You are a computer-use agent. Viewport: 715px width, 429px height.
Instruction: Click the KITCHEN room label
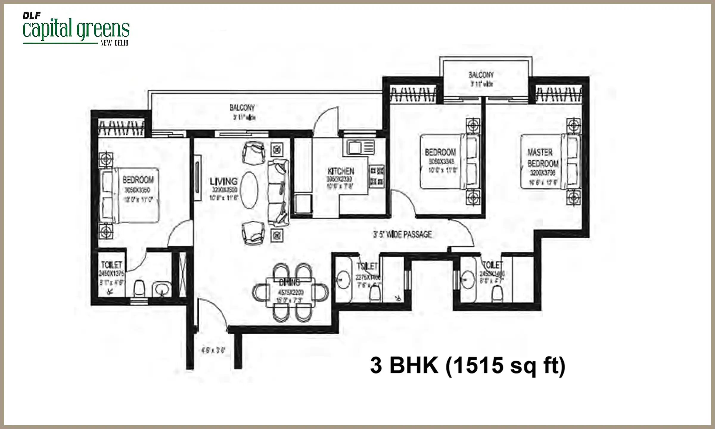coord(341,171)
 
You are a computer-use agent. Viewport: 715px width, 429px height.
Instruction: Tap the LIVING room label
coord(223,181)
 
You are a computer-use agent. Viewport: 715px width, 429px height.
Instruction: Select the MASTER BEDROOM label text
coord(543,158)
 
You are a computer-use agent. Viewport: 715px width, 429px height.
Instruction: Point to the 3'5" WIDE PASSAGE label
coord(402,235)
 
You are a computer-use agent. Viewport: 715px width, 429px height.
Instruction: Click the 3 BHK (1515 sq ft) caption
coord(467,366)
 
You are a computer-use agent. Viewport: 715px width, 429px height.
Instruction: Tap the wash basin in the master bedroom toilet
coord(467,280)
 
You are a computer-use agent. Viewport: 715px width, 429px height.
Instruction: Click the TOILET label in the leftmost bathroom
coord(111,265)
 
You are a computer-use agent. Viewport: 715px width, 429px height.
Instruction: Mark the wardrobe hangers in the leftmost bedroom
coord(121,128)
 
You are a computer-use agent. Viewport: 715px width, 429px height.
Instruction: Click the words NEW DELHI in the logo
coord(114,43)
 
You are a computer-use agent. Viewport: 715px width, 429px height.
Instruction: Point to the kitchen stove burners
coord(377,176)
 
